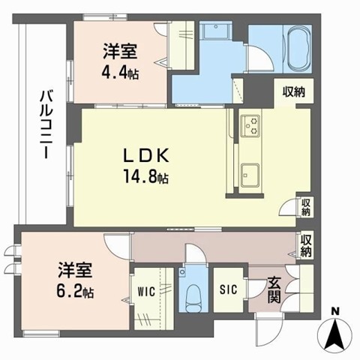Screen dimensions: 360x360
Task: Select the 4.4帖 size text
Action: (x=119, y=73)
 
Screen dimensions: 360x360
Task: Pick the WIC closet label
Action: (x=146, y=292)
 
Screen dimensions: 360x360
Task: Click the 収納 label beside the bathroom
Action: (x=293, y=91)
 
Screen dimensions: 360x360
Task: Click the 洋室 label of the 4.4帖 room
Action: (x=119, y=52)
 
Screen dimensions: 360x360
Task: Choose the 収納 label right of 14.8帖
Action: (x=306, y=207)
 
